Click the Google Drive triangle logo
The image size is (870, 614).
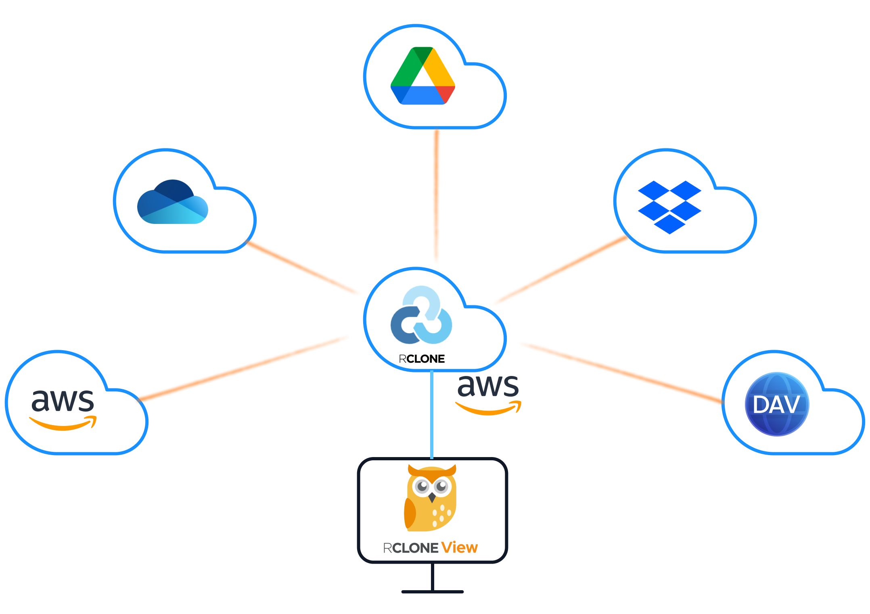pyautogui.click(x=422, y=77)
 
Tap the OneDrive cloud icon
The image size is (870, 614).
pyautogui.click(x=173, y=203)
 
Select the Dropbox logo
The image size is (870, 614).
pyautogui.click(x=669, y=207)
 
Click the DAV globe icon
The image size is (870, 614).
pyautogui.click(x=777, y=404)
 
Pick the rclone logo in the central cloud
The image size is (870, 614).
pyautogui.click(x=421, y=315)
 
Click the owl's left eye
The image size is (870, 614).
pyautogui.click(x=422, y=486)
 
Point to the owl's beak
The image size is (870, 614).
pyautogui.click(x=432, y=497)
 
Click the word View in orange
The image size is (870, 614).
pyautogui.click(x=459, y=547)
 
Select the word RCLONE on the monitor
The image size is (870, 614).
pyautogui.click(x=410, y=548)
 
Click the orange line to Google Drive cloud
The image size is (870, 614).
pyautogui.click(x=436, y=198)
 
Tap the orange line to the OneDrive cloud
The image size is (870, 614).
pyautogui.click(x=303, y=267)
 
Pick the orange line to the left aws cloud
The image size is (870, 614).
pyautogui.click(x=242, y=368)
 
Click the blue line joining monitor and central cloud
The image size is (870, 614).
pyautogui.click(x=432, y=416)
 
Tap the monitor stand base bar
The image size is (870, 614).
pyautogui.click(x=432, y=592)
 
